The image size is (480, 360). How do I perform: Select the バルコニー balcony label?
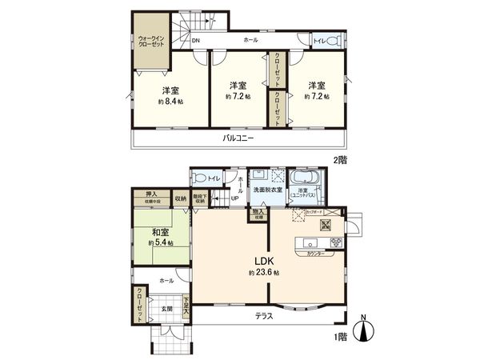(x=238, y=138)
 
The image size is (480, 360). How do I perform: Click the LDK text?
(x=265, y=259)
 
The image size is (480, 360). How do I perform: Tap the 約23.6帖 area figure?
(x=265, y=273)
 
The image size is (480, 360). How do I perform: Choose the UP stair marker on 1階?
(x=234, y=198)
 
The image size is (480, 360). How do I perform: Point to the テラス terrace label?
(x=264, y=316)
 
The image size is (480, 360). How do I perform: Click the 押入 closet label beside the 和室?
(x=150, y=194)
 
